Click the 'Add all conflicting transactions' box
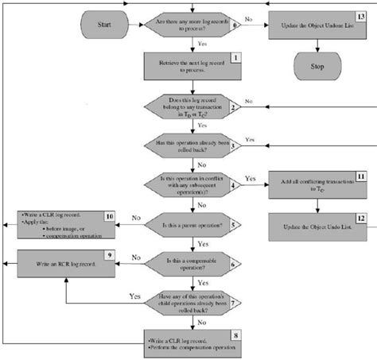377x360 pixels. click(317, 184)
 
